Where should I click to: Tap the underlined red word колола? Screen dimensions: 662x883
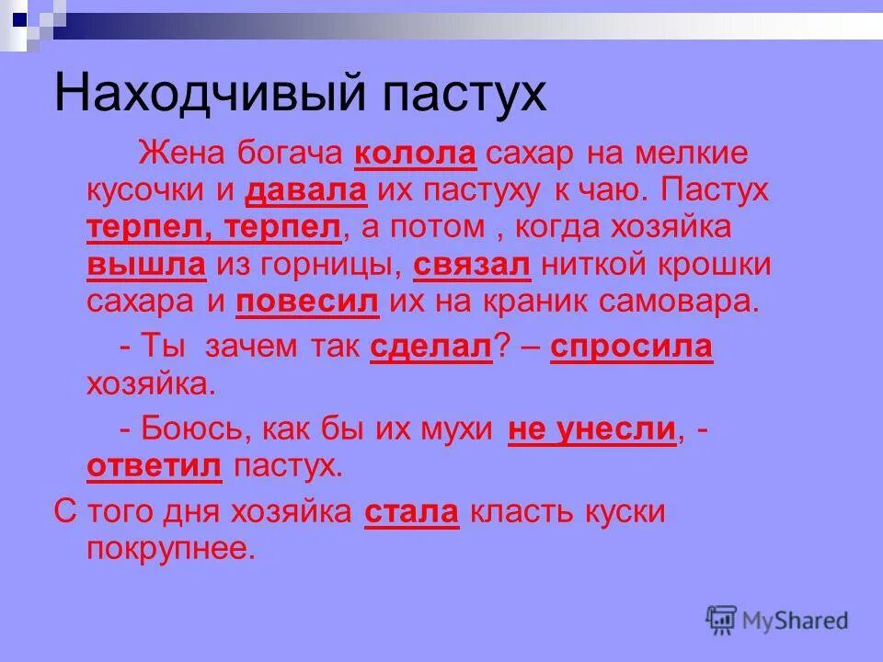pyautogui.click(x=415, y=153)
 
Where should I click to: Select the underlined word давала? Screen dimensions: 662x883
pyautogui.click(x=306, y=190)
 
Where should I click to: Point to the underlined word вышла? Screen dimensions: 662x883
pyautogui.click(x=146, y=265)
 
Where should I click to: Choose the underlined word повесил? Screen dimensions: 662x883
pyautogui.click(x=308, y=302)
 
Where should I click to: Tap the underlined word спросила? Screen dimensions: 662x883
pyautogui.click(x=631, y=347)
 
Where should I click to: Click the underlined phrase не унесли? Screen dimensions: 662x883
pyautogui.click(x=592, y=428)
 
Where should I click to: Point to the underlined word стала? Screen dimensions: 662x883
pyautogui.click(x=411, y=512)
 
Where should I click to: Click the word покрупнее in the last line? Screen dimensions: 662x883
pyautogui.click(x=168, y=549)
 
